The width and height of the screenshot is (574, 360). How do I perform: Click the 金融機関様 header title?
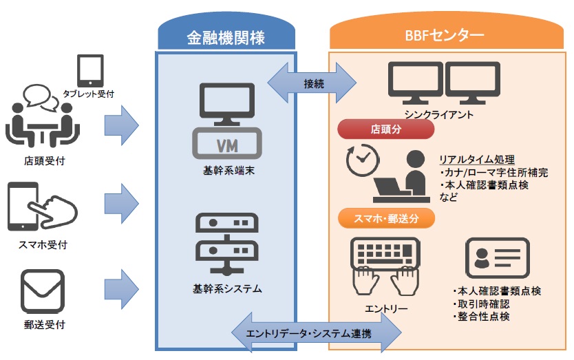pyautogui.click(x=226, y=38)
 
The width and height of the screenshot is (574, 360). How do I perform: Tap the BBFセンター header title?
pyautogui.click(x=445, y=35)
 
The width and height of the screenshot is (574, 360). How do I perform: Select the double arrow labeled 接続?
pyautogui.click(x=312, y=83)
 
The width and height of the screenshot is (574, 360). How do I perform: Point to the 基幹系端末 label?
pyautogui.click(x=228, y=171)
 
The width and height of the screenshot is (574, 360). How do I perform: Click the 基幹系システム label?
pyautogui.click(x=227, y=289)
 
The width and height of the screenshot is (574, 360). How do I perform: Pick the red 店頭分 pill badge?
pyautogui.click(x=386, y=129)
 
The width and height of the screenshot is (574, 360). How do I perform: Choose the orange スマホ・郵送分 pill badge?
pyautogui.click(x=386, y=219)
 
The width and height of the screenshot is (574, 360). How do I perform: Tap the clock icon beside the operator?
pyautogui.click(x=363, y=160)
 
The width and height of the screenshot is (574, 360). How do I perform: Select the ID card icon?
pyautogui.click(x=498, y=258)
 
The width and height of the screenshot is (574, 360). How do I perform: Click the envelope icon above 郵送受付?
pyautogui.click(x=43, y=292)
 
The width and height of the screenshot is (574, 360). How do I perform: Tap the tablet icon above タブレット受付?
pyautogui.click(x=90, y=71)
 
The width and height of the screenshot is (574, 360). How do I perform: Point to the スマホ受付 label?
pyautogui.click(x=43, y=244)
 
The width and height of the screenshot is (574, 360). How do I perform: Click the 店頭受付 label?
pyautogui.click(x=44, y=161)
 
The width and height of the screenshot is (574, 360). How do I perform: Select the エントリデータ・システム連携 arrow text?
pyautogui.click(x=308, y=334)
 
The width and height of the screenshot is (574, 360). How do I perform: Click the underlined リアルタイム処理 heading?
pyautogui.click(x=477, y=160)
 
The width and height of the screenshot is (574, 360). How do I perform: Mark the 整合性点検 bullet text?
pyautogui.click(x=481, y=317)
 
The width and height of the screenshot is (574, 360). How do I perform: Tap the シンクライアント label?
pyautogui.click(x=438, y=115)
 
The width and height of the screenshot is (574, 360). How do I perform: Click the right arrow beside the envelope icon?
pyautogui.click(x=122, y=289)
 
